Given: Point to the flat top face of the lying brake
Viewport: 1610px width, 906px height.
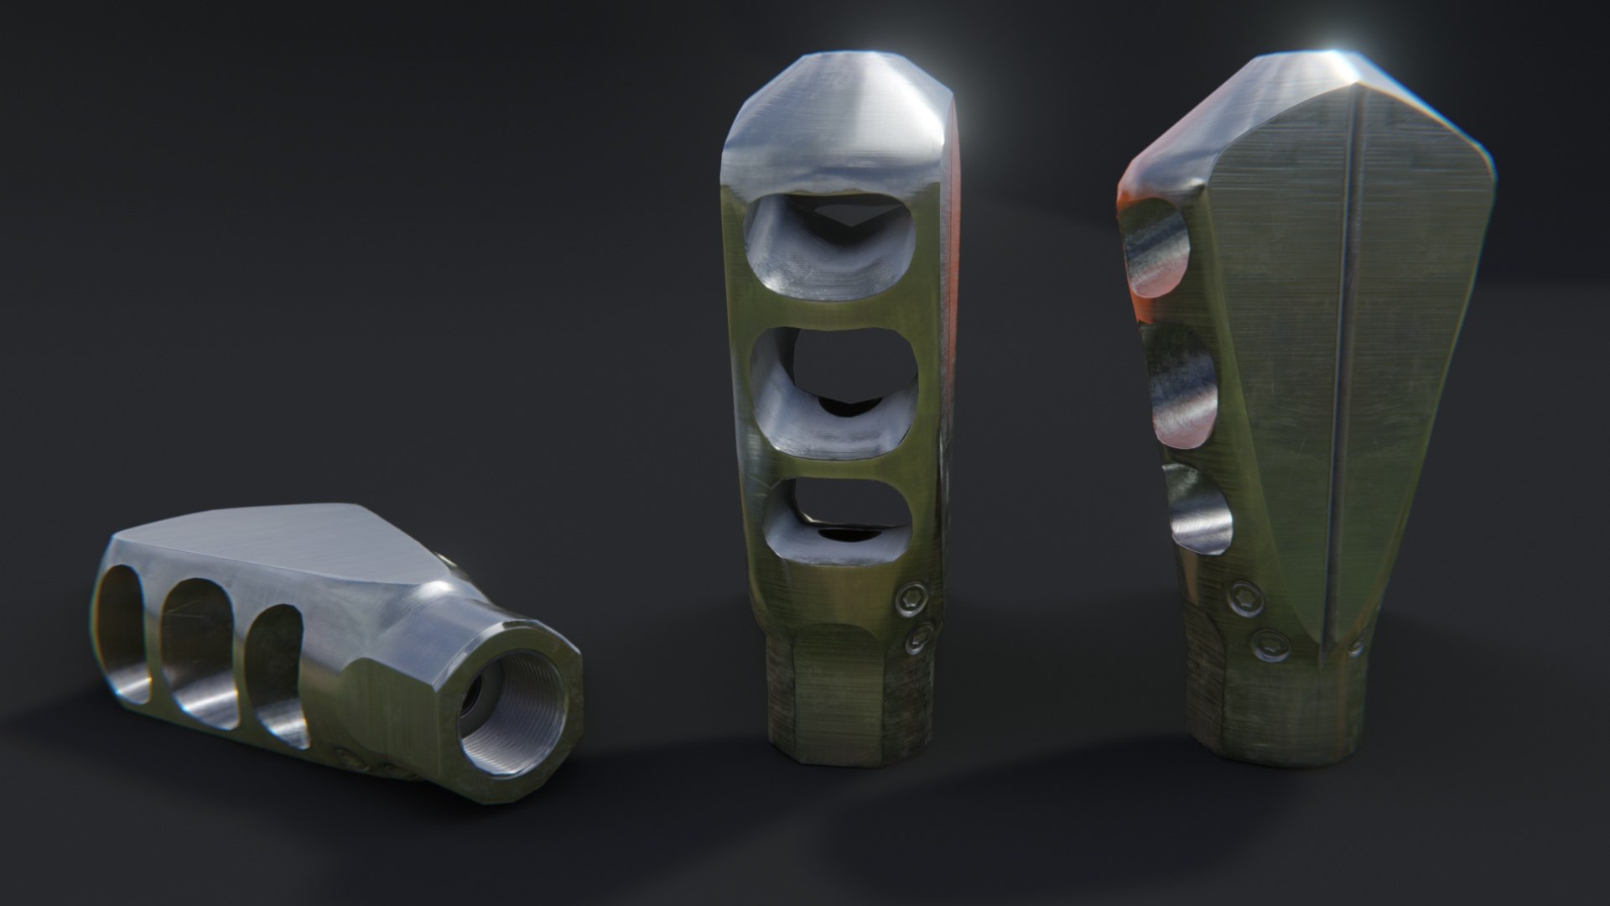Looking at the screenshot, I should pos(277,545).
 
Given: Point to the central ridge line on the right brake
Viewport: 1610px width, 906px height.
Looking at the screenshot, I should pos(1342,377).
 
